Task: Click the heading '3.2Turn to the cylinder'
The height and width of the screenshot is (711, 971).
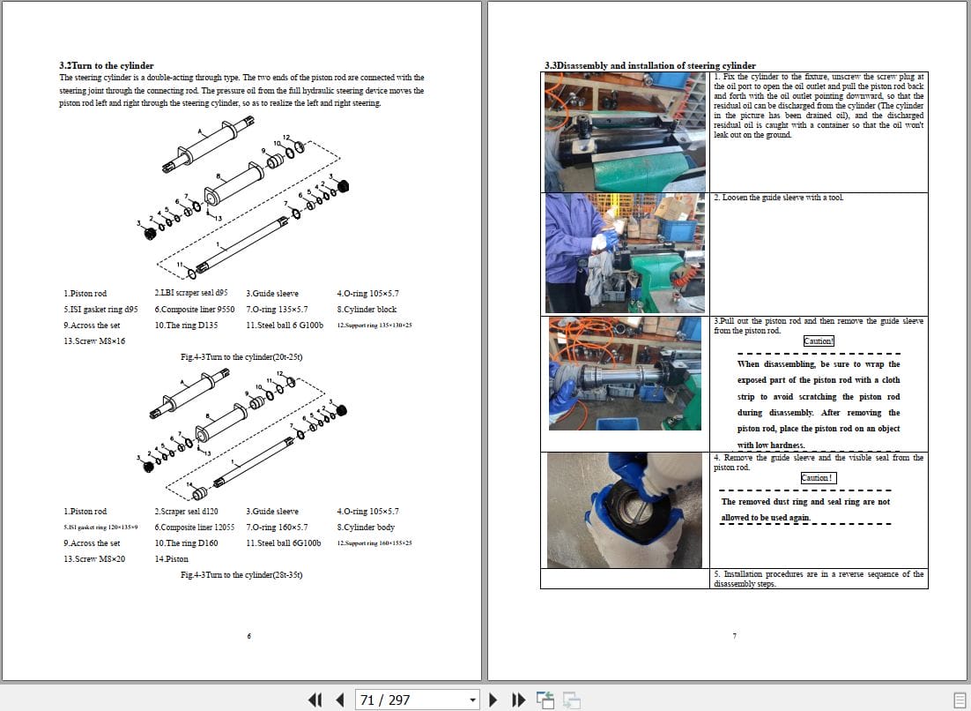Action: tap(106, 65)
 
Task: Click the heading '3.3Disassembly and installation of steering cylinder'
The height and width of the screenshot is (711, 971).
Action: tap(649, 65)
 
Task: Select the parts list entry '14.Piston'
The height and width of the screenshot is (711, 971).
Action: tap(172, 558)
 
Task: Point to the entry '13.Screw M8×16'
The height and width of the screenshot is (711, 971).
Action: tap(94, 341)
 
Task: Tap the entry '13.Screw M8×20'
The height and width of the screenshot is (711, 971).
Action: tap(94, 558)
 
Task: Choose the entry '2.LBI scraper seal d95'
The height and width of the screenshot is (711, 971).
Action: tap(190, 293)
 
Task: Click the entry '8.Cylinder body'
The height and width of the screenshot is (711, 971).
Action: tap(366, 527)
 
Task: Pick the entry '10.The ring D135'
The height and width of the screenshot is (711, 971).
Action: tap(186, 326)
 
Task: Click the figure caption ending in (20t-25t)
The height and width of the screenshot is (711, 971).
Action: tap(241, 357)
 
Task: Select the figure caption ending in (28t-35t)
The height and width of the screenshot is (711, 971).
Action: tap(241, 575)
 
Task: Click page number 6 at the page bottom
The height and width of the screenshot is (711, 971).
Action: tap(249, 636)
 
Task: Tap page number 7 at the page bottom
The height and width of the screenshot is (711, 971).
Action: tap(734, 636)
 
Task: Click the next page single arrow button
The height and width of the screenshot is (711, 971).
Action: tap(493, 700)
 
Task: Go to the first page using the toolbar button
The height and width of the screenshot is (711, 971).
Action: tap(315, 700)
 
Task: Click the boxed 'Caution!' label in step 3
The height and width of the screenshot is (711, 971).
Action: tap(819, 341)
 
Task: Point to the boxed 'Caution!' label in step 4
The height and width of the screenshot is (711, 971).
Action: tap(818, 478)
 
